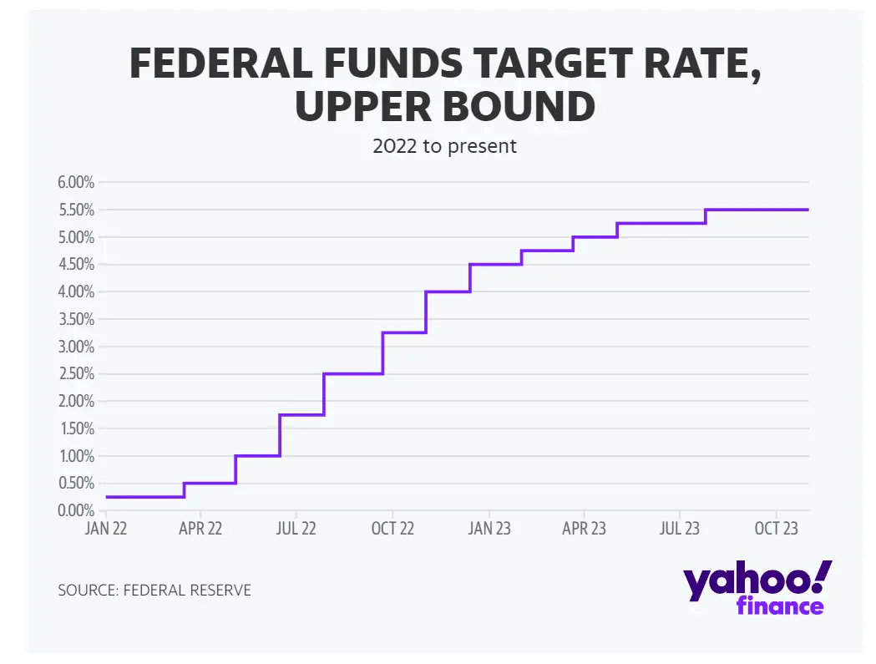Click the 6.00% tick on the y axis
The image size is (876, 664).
coord(74,182)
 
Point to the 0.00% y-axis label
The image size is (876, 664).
coord(74,510)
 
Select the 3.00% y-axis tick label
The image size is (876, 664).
coord(74,347)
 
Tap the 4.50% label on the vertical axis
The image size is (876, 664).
coord(74,265)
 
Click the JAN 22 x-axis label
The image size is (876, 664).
coord(107,529)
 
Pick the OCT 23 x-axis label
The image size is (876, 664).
coord(777,529)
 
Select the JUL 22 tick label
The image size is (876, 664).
coord(296,529)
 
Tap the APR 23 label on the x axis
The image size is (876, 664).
coord(584,529)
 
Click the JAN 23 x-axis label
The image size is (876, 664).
coord(489,529)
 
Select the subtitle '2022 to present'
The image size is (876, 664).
coord(444,146)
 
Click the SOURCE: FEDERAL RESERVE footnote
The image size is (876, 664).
coord(154,591)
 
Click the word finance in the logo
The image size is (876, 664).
coord(780,606)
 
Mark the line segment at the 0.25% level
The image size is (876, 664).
coord(145,497)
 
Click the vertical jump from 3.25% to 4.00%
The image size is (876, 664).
coord(426,312)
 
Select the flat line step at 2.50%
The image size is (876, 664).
coord(352,373)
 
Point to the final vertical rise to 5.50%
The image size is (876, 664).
coord(706,216)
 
